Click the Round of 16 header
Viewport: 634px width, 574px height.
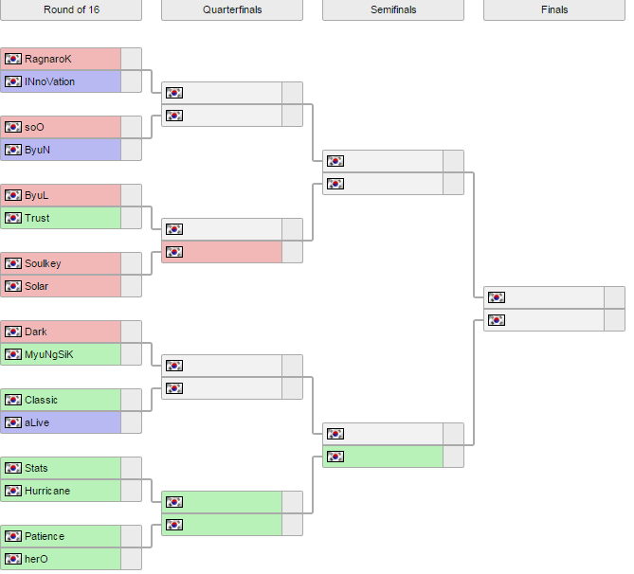click(71, 9)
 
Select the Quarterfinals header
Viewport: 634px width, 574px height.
click(232, 9)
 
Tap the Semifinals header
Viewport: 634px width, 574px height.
click(393, 9)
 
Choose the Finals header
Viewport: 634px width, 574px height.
click(554, 9)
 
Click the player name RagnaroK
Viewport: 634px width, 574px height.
click(47, 59)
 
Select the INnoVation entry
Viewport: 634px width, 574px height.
click(49, 81)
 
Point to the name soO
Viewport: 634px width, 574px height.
click(34, 127)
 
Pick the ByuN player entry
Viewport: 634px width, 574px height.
click(38, 150)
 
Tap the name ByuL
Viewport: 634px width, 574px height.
click(36, 195)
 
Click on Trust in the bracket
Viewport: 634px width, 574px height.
click(37, 218)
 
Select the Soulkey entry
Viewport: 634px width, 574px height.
click(43, 263)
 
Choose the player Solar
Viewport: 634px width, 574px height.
click(36, 286)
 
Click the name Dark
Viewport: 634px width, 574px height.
click(35, 332)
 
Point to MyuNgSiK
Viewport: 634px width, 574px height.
click(48, 354)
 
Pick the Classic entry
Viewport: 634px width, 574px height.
click(41, 400)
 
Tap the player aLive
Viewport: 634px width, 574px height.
click(37, 422)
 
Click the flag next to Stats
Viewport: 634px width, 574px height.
click(13, 468)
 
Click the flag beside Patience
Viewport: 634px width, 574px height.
click(13, 536)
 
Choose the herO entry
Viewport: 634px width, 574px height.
click(36, 559)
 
